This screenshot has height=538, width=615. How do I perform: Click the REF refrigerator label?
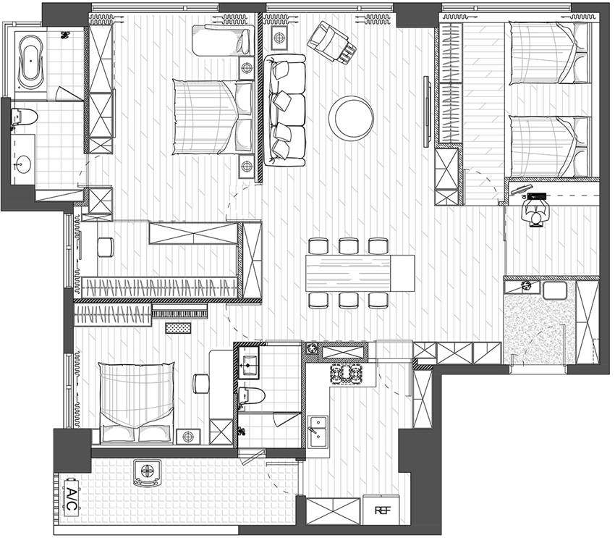[383, 510]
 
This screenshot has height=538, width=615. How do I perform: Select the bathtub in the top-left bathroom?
[30, 63]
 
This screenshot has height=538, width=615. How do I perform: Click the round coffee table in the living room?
[351, 117]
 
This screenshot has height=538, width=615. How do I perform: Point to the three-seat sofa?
[284, 110]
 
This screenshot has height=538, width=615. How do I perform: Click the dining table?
[360, 273]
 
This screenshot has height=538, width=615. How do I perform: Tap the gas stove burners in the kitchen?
[346, 373]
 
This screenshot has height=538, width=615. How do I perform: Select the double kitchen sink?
[318, 432]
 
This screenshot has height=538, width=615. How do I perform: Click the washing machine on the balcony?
[147, 472]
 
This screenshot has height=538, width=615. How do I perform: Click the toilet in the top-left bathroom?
[24, 117]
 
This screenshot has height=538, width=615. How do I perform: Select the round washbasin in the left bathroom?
[22, 164]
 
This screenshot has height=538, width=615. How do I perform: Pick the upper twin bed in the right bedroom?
[549, 53]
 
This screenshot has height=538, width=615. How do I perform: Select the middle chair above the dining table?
[349, 246]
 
